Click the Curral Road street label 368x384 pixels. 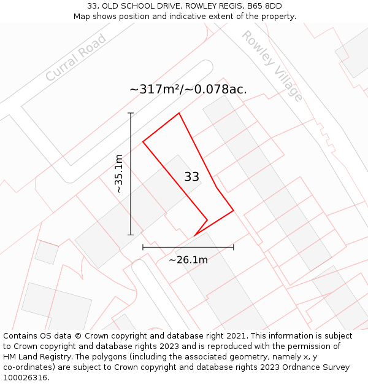[76, 58]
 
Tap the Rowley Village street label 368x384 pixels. [272, 66]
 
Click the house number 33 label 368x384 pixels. [191, 177]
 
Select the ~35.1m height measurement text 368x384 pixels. [119, 174]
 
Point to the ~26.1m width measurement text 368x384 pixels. [188, 260]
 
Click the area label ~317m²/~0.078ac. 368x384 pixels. [188, 89]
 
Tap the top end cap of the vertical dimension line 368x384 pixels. [131, 113]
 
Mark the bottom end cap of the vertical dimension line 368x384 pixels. [131, 235]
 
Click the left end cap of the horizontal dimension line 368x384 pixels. [143, 247]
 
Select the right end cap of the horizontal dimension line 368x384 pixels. [234, 247]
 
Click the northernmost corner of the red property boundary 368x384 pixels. [179, 113]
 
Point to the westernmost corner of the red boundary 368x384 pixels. [143, 142]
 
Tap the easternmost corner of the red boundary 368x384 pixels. [234, 211]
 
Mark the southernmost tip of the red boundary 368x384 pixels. [194, 235]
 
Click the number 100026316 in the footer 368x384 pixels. [25, 378]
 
